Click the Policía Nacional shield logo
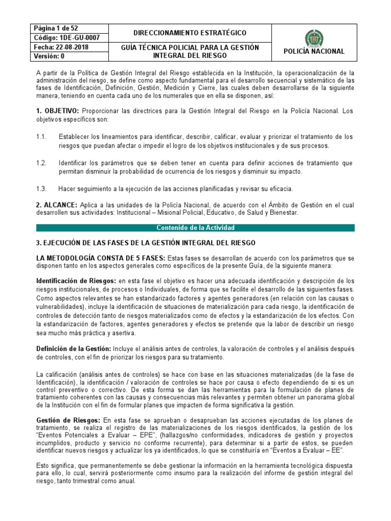click(x=313, y=38)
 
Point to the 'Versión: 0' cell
click(x=49, y=56)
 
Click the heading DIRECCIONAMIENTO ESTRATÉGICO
click(x=182, y=33)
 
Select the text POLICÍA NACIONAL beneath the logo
click(x=313, y=51)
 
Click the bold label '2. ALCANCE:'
click(x=57, y=204)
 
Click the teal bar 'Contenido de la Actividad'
click(x=195, y=227)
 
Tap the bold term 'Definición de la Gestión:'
click(x=73, y=349)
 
